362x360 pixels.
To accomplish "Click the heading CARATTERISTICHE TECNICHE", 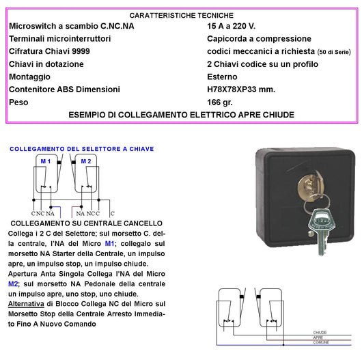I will [181, 15].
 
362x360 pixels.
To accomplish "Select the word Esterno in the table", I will [223, 77].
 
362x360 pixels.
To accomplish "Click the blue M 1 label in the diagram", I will [44, 161].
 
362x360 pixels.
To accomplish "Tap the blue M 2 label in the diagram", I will [85, 161].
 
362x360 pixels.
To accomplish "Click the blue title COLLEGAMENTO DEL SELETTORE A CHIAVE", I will [82, 149].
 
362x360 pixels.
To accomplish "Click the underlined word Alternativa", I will [27, 303].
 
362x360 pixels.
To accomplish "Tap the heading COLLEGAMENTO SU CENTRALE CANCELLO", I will [85, 223].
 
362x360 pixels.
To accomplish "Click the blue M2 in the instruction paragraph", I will [15, 282].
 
